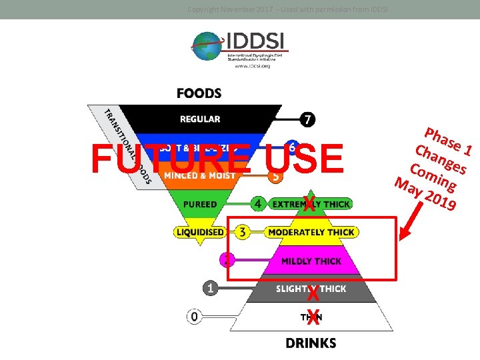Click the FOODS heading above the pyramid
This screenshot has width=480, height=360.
tap(199, 93)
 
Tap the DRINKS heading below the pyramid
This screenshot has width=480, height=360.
tap(311, 343)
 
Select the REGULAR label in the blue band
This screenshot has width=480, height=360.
tap(200, 119)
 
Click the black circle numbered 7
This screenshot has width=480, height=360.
tap(307, 120)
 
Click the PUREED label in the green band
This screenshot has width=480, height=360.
tap(201, 204)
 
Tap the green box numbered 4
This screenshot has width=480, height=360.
tap(257, 203)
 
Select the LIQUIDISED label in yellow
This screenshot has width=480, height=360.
tap(200, 232)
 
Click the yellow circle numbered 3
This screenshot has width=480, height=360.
tap(242, 232)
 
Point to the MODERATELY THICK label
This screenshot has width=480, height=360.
tap(311, 232)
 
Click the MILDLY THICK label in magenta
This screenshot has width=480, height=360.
tap(311, 261)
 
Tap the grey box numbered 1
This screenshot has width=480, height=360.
tap(211, 288)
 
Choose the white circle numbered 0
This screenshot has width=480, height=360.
tap(194, 317)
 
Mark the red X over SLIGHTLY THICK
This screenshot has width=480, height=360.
tap(312, 293)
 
